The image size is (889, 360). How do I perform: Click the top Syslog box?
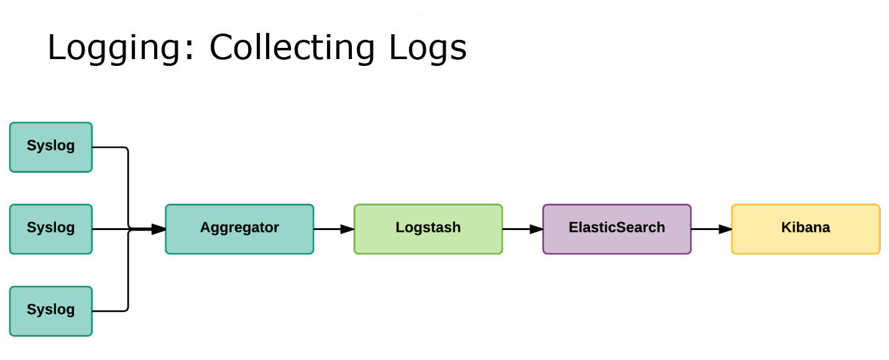(x=51, y=147)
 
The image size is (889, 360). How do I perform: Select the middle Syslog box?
(x=51, y=229)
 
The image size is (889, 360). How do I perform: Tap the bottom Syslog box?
(x=51, y=311)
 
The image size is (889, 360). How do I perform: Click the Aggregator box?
(x=239, y=229)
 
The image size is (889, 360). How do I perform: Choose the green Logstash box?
(x=428, y=229)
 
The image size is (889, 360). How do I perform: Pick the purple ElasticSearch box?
(x=617, y=229)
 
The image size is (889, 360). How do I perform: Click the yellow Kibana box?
(x=806, y=229)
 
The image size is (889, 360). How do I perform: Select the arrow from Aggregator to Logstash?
(x=334, y=229)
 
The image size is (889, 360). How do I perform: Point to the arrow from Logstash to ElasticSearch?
(x=523, y=229)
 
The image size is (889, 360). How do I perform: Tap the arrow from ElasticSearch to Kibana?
(x=712, y=229)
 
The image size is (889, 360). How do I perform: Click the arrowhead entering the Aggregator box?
(x=159, y=229)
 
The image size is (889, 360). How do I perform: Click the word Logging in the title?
(x=114, y=48)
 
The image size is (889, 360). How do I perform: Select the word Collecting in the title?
(x=292, y=48)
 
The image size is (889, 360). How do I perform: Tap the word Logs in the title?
(x=428, y=48)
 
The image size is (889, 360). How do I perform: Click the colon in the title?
(x=190, y=51)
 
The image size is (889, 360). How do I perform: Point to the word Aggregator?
(x=239, y=228)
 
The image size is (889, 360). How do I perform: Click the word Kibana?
(x=806, y=227)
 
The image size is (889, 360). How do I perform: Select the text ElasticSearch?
(x=617, y=227)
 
